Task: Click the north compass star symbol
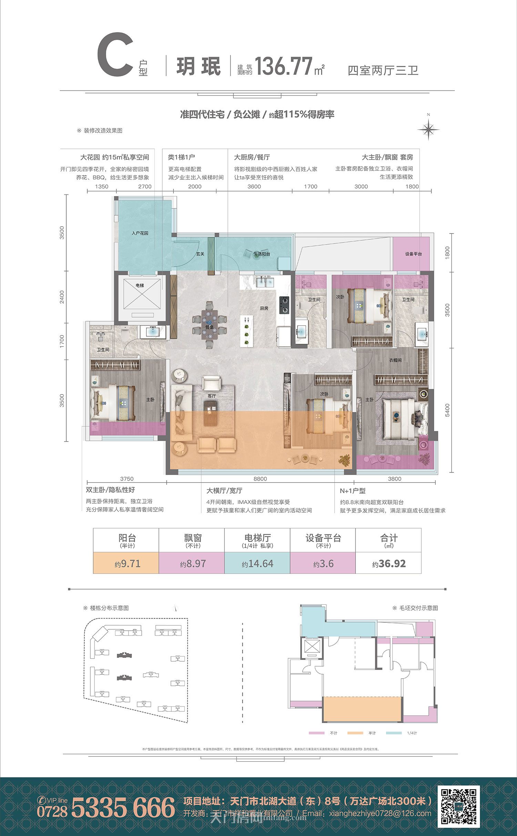click(x=428, y=130)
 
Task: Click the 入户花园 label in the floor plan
click(x=140, y=233)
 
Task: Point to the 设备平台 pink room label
click(x=413, y=254)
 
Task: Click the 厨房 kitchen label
click(x=264, y=308)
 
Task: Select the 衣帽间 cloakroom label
click(x=395, y=360)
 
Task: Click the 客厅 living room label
click(x=212, y=396)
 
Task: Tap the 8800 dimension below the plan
click(x=260, y=479)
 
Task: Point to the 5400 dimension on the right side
click(x=447, y=410)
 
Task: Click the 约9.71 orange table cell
click(x=126, y=564)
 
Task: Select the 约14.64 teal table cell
click(x=257, y=564)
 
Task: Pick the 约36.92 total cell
click(x=388, y=564)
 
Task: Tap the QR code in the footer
click(x=458, y=806)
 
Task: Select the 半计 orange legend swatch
click(x=355, y=733)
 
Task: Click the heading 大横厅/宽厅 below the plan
click(x=224, y=491)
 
